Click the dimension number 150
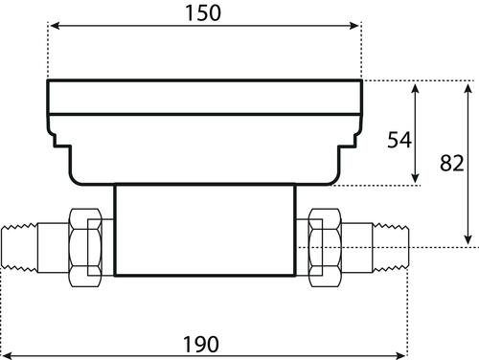(x=203, y=13)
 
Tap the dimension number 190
(x=201, y=345)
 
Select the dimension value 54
(x=399, y=140)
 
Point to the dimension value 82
(x=452, y=163)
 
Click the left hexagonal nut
(x=85, y=248)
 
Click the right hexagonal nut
(x=325, y=248)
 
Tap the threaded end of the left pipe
(x=19, y=248)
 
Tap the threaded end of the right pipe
(x=391, y=248)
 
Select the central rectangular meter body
(x=205, y=230)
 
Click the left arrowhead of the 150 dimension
(x=55, y=26)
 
